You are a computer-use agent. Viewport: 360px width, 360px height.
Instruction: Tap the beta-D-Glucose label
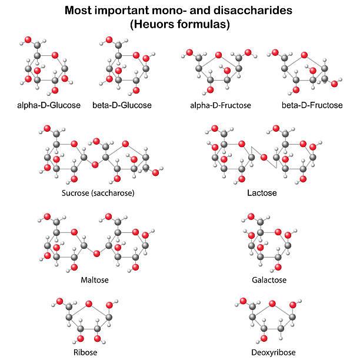[x=122, y=105]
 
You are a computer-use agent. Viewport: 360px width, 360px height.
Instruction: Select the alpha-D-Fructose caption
[x=221, y=105]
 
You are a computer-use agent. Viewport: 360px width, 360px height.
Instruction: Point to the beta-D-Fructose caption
[x=312, y=105]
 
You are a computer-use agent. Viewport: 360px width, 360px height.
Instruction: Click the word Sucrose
[x=76, y=193]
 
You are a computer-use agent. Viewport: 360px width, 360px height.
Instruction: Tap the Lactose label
[x=262, y=192]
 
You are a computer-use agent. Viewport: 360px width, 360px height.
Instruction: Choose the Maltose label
[x=95, y=280]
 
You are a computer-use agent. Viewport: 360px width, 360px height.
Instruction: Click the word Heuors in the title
[x=150, y=25]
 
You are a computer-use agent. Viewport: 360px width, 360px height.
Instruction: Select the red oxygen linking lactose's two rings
[x=264, y=157]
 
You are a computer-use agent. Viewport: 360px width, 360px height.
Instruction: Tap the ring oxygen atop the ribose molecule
[x=89, y=304]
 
